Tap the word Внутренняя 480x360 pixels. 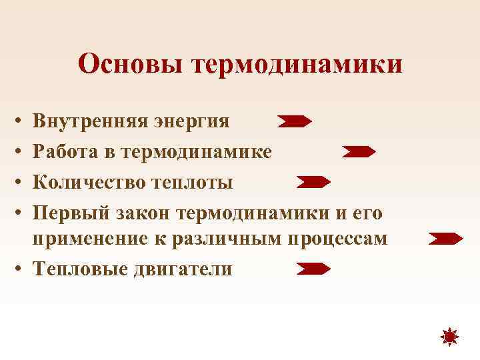(x=93, y=122)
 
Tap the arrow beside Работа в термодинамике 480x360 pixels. (x=359, y=152)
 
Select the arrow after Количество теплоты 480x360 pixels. (x=313, y=181)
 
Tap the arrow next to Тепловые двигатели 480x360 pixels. (x=313, y=269)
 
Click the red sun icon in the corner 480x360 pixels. (x=450, y=338)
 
